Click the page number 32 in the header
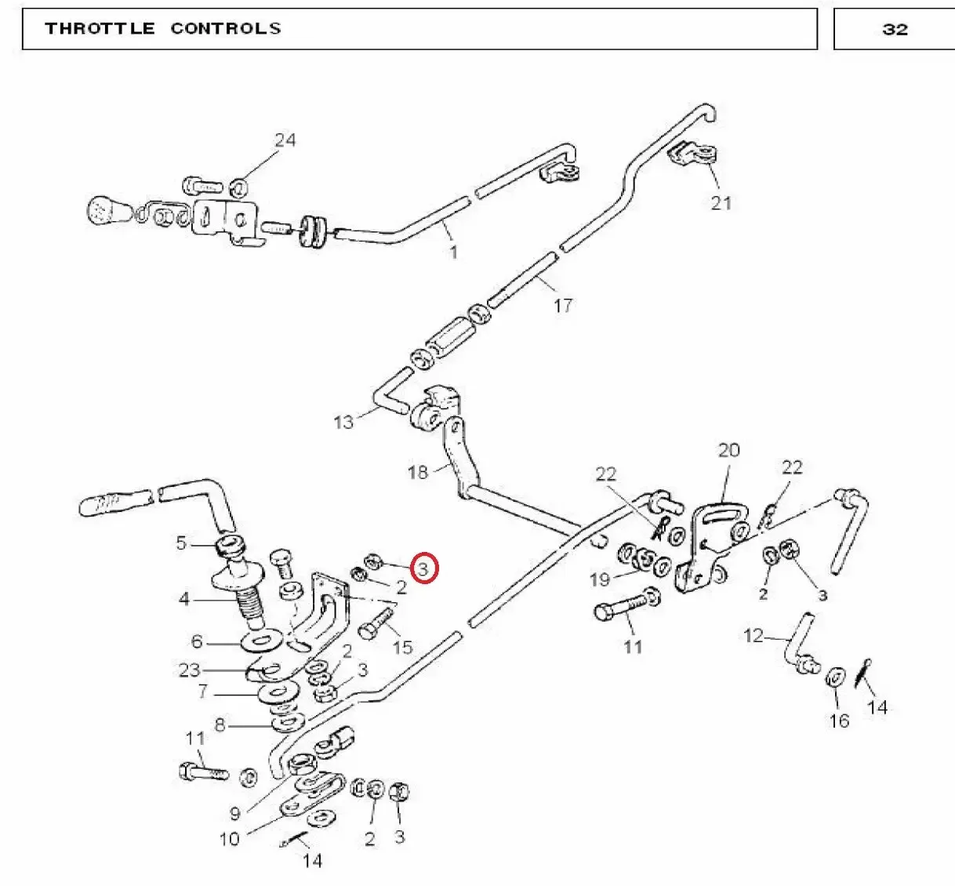[x=895, y=30]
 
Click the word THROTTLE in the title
[x=100, y=28]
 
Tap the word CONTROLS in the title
[x=226, y=28]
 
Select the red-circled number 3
[x=423, y=568]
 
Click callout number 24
[x=285, y=140]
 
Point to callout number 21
[x=721, y=203]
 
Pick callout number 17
[x=563, y=306]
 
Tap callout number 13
[x=344, y=423]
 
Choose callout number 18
[x=417, y=472]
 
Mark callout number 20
[x=729, y=450]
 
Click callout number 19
[x=600, y=579]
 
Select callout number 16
[x=839, y=721]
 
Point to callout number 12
[x=753, y=636]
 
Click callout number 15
[x=403, y=648]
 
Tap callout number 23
[x=189, y=670]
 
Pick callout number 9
[x=234, y=814]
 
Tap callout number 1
[x=453, y=252]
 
